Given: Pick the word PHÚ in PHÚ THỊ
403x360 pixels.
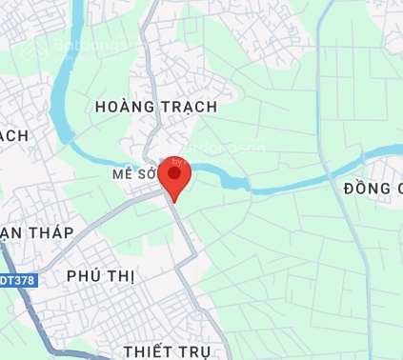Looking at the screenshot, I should click(84, 276).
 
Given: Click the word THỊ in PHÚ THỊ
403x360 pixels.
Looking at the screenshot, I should click(122, 276).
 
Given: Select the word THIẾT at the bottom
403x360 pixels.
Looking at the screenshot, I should click(149, 351).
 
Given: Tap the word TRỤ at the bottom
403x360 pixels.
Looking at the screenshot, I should click(194, 351).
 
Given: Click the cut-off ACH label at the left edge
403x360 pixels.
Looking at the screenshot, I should click(14, 136).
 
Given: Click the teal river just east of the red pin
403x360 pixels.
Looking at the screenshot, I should click(229, 177).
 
